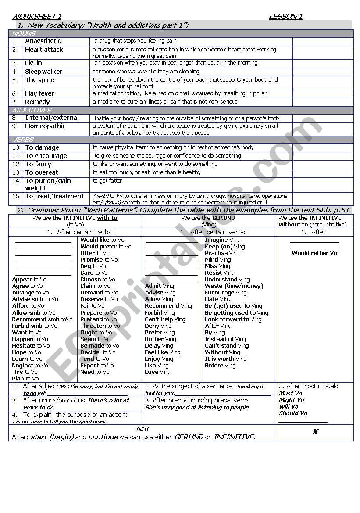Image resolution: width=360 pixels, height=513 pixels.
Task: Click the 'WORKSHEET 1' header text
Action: [36, 17]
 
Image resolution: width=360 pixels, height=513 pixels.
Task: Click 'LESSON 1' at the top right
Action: [285, 17]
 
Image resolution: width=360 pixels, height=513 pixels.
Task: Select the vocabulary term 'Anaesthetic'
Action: [43, 41]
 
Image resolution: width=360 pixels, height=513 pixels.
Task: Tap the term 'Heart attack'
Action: [44, 50]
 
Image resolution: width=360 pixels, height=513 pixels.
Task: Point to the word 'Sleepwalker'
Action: [43, 72]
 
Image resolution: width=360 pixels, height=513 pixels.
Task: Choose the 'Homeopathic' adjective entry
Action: [45, 126]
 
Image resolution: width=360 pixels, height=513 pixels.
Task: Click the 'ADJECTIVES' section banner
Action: [32, 110]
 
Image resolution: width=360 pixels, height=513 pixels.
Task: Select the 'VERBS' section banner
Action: [23, 140]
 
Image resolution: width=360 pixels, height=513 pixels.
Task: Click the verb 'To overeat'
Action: [41, 172]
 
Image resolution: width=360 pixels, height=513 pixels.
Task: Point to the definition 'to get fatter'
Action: [107, 180]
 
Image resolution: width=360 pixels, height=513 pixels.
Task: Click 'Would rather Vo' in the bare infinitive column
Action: [314, 253]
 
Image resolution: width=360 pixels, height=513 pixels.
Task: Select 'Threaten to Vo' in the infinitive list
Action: [100, 326]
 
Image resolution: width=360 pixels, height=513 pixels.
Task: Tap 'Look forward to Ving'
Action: [233, 319]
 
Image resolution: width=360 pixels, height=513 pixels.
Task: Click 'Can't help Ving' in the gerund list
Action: [165, 319]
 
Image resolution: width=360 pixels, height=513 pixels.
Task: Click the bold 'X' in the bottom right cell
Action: [315, 431]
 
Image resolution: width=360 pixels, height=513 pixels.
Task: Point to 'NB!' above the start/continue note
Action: [143, 429]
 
